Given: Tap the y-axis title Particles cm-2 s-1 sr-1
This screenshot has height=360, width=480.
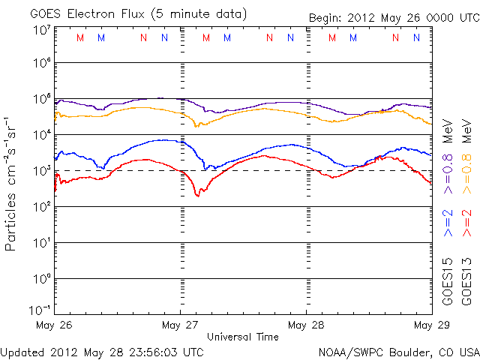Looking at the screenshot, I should (x=12, y=183).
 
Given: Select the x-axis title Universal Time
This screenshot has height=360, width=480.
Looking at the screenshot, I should (x=243, y=337).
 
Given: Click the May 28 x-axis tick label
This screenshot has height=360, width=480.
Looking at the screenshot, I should (x=307, y=325).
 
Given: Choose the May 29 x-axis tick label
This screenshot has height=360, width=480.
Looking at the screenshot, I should (x=431, y=325).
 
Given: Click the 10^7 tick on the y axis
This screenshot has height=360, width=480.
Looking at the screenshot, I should (x=40, y=30).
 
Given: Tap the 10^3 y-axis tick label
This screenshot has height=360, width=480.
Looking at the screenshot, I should (x=40, y=171).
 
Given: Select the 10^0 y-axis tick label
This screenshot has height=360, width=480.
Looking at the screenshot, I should (x=40, y=279).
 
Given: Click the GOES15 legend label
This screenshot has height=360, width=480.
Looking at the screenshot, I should (x=448, y=281).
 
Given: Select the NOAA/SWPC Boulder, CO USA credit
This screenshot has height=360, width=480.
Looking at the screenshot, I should (x=398, y=351).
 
